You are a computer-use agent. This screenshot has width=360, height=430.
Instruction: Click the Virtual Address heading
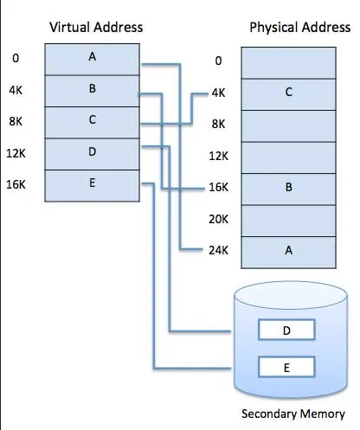[x=96, y=28]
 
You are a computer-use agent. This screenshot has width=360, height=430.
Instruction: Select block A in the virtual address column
[x=92, y=59]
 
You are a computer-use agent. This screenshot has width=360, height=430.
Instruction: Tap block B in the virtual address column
[x=92, y=89]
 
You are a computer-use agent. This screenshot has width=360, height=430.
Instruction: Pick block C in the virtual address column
[x=92, y=120]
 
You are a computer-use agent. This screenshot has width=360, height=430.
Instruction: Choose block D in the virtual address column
[x=92, y=153]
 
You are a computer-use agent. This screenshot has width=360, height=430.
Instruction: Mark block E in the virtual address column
[x=92, y=184]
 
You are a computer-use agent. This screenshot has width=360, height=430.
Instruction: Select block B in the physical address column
[x=287, y=186]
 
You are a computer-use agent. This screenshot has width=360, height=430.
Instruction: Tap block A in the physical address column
[x=287, y=251]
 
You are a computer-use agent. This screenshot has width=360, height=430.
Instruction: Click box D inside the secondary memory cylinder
[x=286, y=331]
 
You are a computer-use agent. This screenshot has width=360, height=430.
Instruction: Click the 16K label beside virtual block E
[x=16, y=184]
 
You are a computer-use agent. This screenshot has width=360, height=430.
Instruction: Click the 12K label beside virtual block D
[x=16, y=153]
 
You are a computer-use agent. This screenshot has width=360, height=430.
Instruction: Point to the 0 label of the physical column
[x=218, y=61]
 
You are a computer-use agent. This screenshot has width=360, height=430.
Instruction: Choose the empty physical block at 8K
[x=287, y=125]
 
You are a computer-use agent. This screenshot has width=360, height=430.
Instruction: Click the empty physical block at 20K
[x=287, y=219]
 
